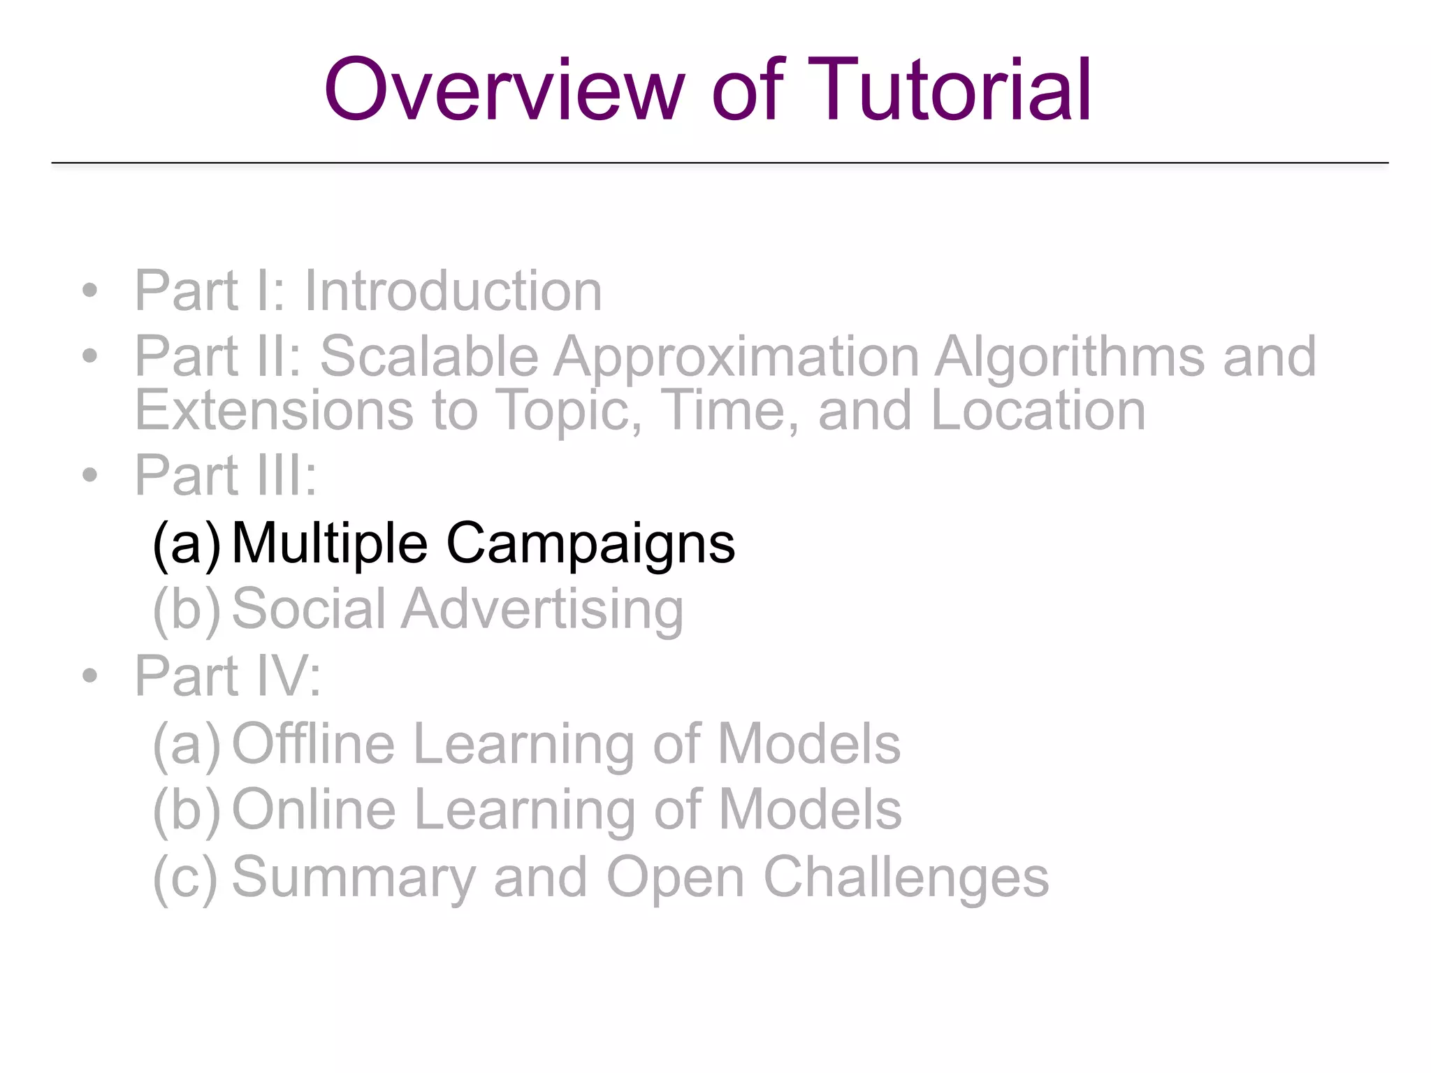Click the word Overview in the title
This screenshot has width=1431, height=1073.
504,91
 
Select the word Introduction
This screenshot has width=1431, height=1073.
453,291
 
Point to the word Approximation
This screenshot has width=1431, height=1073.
736,358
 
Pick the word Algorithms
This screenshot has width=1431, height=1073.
1070,358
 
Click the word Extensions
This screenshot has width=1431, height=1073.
274,411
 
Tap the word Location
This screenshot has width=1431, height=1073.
1038,411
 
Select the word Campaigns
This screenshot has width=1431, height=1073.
590,545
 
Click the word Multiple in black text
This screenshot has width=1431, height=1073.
329,545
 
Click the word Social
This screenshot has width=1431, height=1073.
308,609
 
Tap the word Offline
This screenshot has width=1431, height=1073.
313,745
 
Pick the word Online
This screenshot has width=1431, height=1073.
314,810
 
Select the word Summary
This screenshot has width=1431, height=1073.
354,879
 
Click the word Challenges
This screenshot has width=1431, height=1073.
906,879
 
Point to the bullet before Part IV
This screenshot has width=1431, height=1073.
89,676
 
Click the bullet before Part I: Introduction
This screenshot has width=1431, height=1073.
89,291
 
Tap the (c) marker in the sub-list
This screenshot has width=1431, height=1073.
185,878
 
